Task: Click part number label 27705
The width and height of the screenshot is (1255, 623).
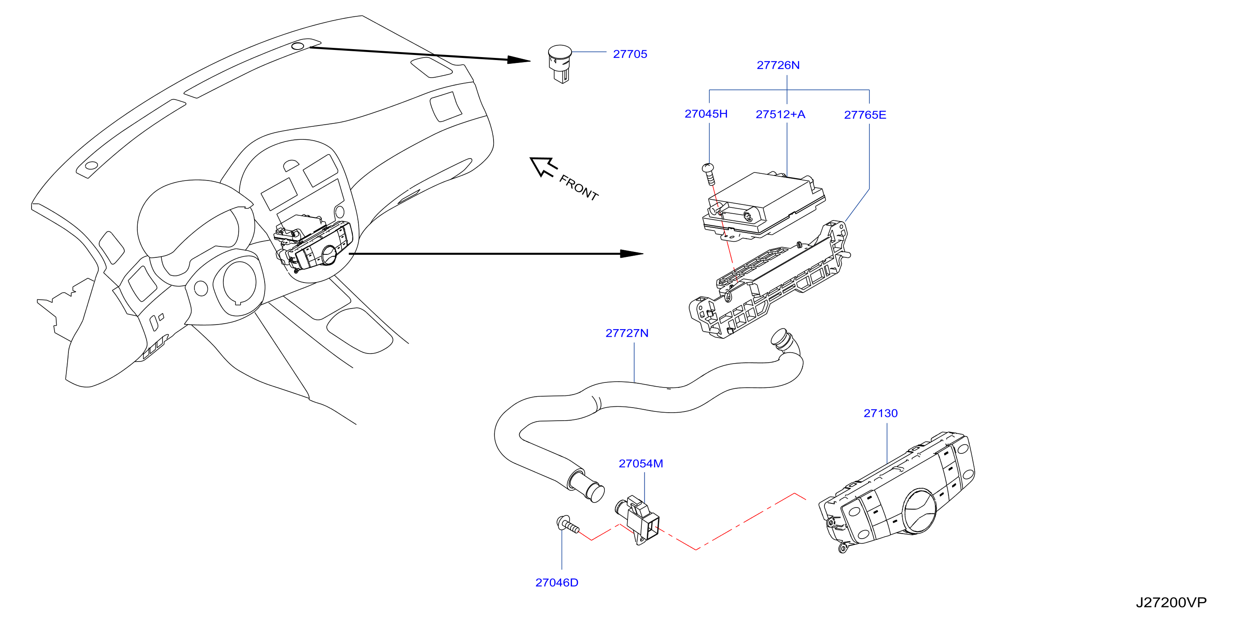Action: click(x=630, y=54)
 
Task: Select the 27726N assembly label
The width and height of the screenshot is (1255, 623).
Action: click(x=778, y=65)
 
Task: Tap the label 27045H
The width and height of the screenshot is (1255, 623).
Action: click(x=706, y=114)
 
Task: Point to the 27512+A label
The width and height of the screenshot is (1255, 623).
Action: click(x=780, y=115)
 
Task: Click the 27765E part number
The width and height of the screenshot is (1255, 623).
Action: click(x=865, y=115)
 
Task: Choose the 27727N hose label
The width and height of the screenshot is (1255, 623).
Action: click(x=627, y=333)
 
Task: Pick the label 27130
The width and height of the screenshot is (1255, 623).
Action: click(x=880, y=414)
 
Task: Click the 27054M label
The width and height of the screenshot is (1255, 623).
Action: click(x=641, y=464)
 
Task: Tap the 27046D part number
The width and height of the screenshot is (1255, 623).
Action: click(x=557, y=583)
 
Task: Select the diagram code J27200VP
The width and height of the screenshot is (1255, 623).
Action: click(x=1171, y=603)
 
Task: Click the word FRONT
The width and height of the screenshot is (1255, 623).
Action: click(x=579, y=188)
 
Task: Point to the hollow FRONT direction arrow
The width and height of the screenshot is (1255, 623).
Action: click(x=543, y=167)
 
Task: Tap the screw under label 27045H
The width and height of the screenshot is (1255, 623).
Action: click(x=709, y=174)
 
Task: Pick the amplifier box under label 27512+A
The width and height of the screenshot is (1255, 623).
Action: click(x=764, y=204)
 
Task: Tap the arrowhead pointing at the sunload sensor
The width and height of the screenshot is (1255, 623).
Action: click(x=518, y=60)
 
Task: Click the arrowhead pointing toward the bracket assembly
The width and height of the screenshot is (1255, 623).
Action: click(x=632, y=254)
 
